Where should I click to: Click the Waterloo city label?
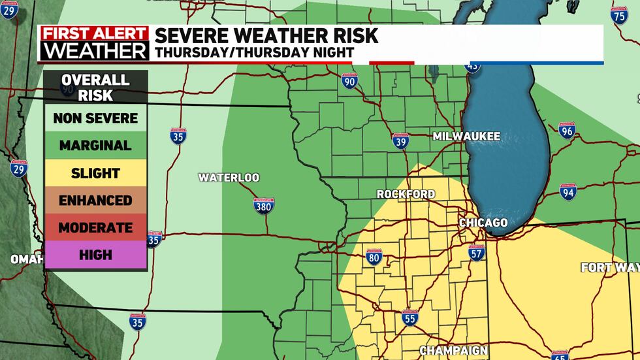tap(229, 178)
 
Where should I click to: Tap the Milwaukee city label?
tap(466, 137)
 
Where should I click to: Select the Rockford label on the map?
tap(406, 195)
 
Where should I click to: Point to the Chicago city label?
tap(483, 223)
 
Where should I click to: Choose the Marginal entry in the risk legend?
tap(95, 146)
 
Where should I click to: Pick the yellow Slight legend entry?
tap(95, 173)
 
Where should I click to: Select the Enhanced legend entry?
tap(95, 201)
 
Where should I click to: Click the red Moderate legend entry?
tap(95, 228)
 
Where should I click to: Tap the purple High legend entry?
tap(95, 255)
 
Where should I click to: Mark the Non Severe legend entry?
tap(95, 118)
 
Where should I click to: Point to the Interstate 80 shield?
tap(373, 258)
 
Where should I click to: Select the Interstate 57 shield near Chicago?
tap(476, 252)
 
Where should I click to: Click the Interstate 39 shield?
tap(401, 140)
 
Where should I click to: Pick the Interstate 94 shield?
tap(568, 191)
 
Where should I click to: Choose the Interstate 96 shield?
tap(566, 131)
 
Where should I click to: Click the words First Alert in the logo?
tap(94, 33)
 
